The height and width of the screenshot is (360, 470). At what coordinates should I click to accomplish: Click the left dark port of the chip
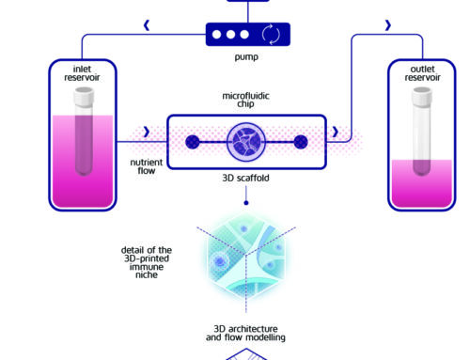191,142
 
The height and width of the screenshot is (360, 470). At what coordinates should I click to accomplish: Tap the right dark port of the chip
301,142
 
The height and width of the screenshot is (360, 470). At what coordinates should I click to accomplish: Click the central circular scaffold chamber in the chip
245,142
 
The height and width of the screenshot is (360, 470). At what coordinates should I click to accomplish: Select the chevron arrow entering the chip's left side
144,132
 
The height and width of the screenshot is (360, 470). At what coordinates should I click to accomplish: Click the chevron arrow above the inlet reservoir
145,26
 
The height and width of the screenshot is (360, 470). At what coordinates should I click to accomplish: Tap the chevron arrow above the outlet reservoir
363,26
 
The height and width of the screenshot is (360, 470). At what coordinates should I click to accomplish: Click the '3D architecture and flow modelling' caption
245,333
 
